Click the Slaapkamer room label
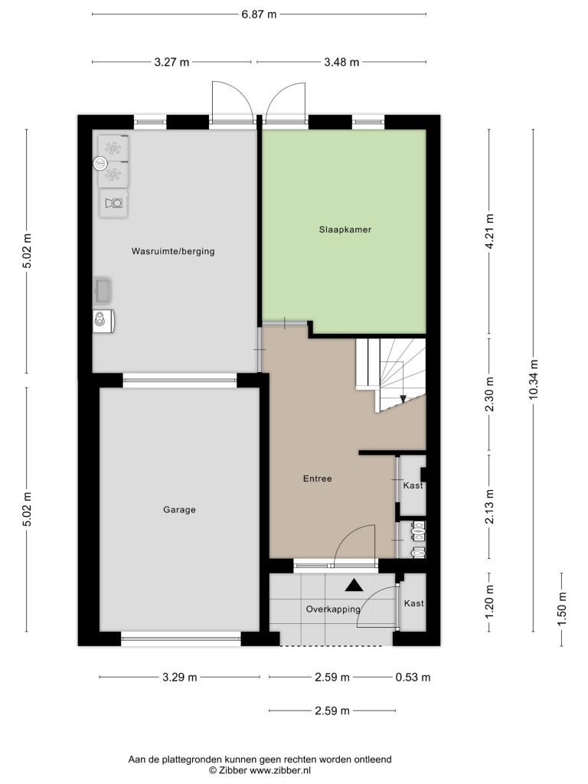[x=345, y=230]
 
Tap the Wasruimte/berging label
[x=173, y=251]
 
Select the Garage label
[x=179, y=509]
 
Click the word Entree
[x=318, y=479]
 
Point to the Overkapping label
[x=333, y=609]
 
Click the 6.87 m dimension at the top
[x=259, y=14]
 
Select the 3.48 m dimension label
[x=341, y=62]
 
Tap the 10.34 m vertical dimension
[x=534, y=379]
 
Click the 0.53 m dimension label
[x=413, y=678]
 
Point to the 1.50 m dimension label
[x=561, y=609]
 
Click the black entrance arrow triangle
[x=354, y=586]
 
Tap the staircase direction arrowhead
[x=403, y=398]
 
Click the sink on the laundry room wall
[x=103, y=290]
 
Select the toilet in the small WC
[x=417, y=553]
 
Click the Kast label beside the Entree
[x=413, y=485]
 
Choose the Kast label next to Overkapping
[x=413, y=603]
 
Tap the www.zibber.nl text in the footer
[x=280, y=770]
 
